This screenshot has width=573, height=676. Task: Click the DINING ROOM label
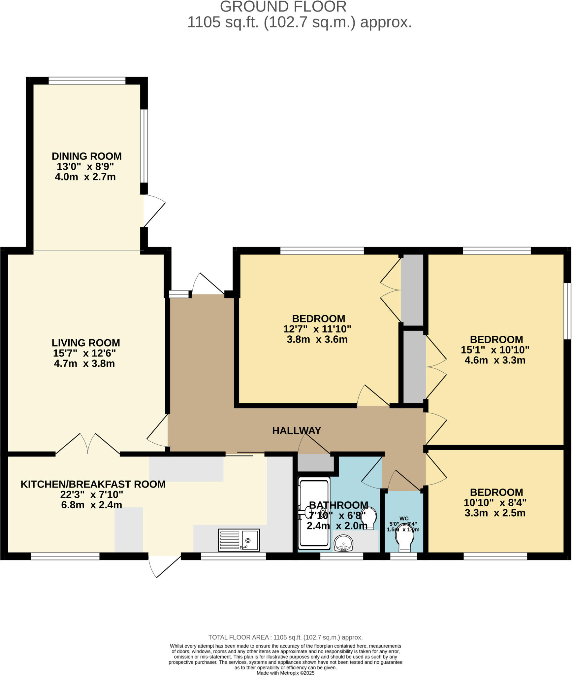point(86,156)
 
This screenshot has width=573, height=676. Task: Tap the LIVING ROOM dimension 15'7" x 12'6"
point(84,353)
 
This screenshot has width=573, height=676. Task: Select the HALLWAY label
point(296,430)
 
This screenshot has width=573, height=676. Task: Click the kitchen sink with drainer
point(239,540)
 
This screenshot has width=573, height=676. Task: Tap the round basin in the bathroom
point(343,543)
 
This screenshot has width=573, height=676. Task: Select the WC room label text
point(404,519)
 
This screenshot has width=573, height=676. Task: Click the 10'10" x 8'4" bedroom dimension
point(495,503)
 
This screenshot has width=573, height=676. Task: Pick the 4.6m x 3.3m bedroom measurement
point(495,360)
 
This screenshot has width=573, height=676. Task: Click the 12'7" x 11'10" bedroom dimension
point(317,329)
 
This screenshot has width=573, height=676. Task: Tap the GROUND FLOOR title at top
point(283,7)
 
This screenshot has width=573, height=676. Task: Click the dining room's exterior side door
point(153,211)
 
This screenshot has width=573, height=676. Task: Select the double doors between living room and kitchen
point(88,444)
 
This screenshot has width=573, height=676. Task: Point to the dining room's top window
point(87,81)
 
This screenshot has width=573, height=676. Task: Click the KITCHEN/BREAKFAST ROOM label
point(93,484)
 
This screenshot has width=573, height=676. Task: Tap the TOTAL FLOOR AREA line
point(285,637)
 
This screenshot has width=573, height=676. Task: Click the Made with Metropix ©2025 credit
point(285,673)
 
